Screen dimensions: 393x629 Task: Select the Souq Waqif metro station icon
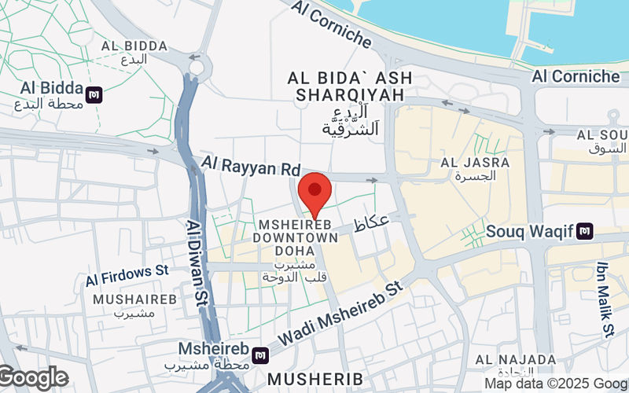pyautogui.click(x=584, y=231)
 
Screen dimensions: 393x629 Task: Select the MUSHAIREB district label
pyautogui.click(x=130, y=299)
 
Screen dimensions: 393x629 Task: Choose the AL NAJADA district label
pyautogui.click(x=515, y=360)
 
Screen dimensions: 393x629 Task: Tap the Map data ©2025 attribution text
pyautogui.click(x=555, y=384)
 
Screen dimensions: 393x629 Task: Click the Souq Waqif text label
pyautogui.click(x=529, y=231)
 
